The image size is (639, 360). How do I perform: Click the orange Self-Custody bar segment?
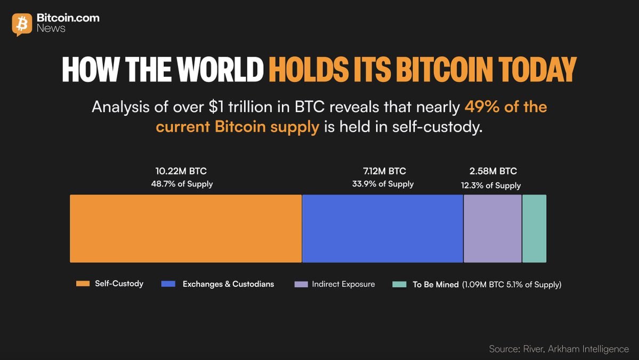coord(185,228)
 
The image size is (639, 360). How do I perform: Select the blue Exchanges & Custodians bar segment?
coord(382,228)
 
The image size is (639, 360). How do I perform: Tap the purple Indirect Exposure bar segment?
coord(492,228)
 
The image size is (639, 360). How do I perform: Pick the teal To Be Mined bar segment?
coord(534,228)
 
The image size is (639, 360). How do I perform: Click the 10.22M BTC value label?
coord(181,171)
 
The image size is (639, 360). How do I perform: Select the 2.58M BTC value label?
coord(493,171)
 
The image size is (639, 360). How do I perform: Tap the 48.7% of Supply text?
coord(181,184)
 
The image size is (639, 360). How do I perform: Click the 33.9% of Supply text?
coord(383,184)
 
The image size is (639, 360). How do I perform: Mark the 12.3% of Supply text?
coord(491,186)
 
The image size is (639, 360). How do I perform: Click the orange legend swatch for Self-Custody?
coord(83,284)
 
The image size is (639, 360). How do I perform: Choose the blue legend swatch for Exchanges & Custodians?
coord(168,284)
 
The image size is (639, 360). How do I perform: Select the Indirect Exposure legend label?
coord(343,284)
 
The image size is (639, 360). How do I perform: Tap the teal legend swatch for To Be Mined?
coord(399,284)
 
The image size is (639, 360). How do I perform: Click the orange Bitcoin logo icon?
coord(22,24)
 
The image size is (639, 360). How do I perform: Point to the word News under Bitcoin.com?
coord(51,29)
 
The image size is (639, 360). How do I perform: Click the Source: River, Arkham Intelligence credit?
coord(559,349)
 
